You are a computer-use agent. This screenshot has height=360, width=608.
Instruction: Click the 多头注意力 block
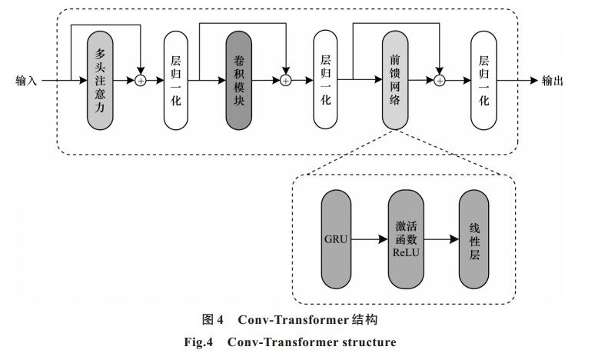click(x=100, y=80)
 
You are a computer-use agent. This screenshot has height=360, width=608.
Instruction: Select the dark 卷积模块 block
click(x=239, y=80)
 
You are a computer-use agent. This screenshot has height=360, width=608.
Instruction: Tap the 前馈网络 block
click(x=395, y=80)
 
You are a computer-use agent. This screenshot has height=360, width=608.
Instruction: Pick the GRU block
click(x=336, y=239)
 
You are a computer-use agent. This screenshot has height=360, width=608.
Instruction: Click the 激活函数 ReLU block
click(x=406, y=239)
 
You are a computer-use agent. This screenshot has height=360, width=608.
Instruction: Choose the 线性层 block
click(x=473, y=239)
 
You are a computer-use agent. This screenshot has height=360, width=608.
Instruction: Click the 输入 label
click(x=26, y=81)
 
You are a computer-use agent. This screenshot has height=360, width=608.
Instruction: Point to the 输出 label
click(x=552, y=81)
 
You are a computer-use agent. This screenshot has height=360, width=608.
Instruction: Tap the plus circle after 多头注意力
click(x=141, y=81)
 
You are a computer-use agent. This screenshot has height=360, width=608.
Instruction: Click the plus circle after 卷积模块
click(x=286, y=81)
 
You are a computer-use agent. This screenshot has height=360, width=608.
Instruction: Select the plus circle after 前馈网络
click(x=440, y=81)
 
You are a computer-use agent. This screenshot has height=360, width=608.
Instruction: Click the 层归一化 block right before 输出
click(x=483, y=80)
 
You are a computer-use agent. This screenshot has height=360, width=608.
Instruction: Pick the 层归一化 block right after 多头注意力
click(x=176, y=80)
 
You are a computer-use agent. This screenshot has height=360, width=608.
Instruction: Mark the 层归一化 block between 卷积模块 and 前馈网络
click(x=325, y=80)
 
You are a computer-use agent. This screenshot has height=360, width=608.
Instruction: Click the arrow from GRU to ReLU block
click(x=370, y=239)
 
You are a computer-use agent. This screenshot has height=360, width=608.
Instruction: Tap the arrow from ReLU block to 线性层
click(x=441, y=239)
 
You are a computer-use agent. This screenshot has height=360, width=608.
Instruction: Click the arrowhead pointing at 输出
click(x=534, y=81)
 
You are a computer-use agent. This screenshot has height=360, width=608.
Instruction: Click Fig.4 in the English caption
click(x=198, y=342)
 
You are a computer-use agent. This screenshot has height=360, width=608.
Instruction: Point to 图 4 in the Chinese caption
click(x=212, y=320)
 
